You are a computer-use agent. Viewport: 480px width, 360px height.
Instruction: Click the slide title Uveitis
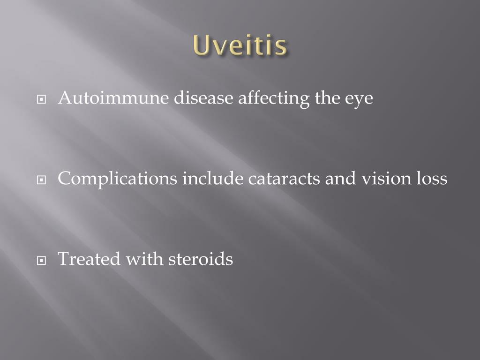240,45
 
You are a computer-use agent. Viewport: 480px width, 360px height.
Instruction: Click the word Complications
118,179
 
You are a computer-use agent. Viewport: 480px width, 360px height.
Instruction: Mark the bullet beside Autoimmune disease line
43,99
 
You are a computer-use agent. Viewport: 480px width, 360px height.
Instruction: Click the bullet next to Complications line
43,180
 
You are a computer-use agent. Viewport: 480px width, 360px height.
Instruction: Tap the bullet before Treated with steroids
43,260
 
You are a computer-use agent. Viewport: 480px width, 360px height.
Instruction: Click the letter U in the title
200,45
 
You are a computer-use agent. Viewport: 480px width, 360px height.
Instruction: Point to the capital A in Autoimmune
64,98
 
